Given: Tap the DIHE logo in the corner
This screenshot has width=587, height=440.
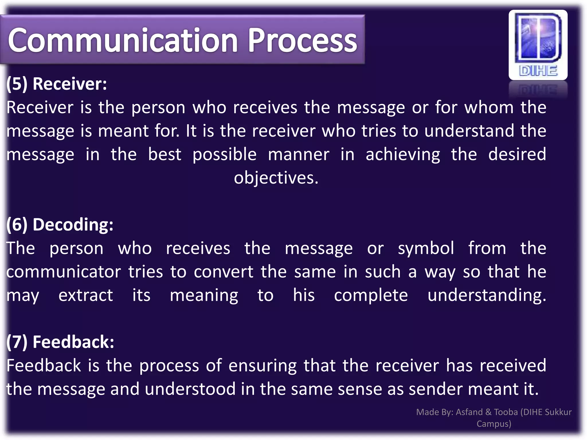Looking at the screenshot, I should coord(538,45).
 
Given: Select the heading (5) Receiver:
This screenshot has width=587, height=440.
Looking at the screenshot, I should coord(57,84).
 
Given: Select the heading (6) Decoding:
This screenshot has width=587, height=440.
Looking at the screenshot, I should coord(60,224).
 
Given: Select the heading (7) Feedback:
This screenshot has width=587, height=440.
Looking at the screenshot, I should coord(60,342).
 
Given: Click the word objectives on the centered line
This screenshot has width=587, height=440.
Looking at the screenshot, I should coord(276,178).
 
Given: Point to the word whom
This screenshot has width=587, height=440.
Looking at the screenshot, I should coord(489,107).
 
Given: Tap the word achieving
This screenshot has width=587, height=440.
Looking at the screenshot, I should coord(403,154).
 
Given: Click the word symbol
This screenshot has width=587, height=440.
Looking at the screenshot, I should coord(426,248).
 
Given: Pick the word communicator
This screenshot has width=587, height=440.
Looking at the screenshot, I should coord(64,272).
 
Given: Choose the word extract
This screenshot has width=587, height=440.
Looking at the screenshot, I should coord(86,295).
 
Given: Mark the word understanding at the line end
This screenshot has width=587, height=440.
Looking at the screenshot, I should coord(487,295).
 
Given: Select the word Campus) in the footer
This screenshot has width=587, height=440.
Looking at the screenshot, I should coord(494,424).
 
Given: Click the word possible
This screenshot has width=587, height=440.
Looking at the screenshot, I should coord(224,154).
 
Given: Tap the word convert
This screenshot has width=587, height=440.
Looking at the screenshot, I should coord(223,272).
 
